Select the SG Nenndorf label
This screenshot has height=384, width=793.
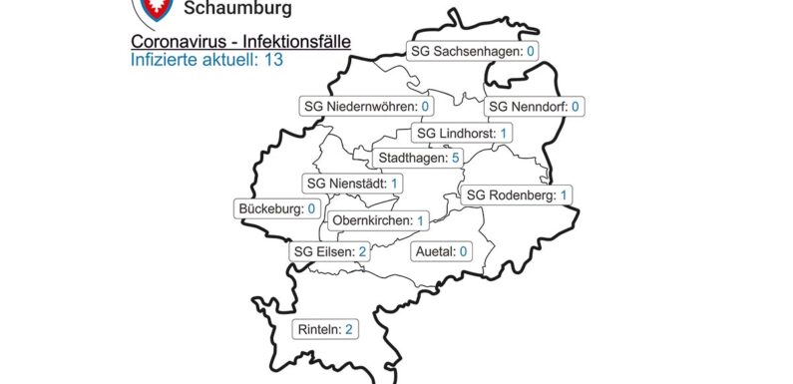(x=535, y=106)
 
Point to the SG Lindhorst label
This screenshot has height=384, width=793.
(x=462, y=133)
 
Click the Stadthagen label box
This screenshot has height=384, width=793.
(x=417, y=158)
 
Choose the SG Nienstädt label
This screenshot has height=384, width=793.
(x=353, y=184)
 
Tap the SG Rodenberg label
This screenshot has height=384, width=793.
(x=517, y=194)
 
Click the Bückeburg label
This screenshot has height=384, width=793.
(x=278, y=208)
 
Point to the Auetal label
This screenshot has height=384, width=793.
(x=441, y=251)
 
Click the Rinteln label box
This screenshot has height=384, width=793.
(x=325, y=328)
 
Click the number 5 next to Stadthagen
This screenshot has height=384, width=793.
(x=454, y=158)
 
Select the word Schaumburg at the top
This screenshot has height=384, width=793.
(x=238, y=10)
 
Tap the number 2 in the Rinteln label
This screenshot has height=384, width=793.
(x=349, y=328)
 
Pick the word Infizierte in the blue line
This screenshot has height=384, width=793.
(x=163, y=60)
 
